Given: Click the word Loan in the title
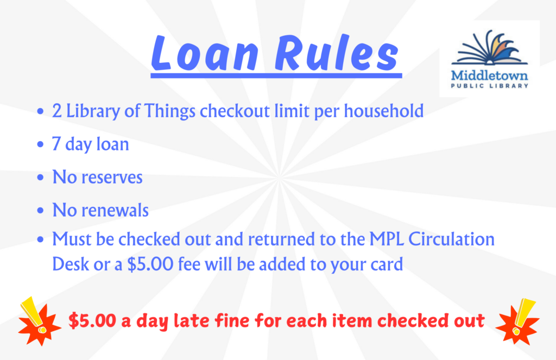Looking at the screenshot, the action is [205, 53].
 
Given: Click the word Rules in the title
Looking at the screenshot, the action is [337, 53].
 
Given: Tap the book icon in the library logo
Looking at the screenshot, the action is [489, 47].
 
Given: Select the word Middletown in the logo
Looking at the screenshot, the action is [489, 75].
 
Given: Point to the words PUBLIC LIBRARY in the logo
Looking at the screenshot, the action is [489, 86].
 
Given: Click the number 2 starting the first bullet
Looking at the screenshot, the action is [56, 111].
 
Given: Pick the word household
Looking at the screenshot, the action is [384, 111].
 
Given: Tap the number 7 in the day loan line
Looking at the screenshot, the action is [56, 144].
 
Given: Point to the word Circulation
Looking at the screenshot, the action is [451, 239].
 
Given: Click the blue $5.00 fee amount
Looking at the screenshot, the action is [150, 264].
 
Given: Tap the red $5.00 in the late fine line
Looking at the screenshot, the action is [92, 320].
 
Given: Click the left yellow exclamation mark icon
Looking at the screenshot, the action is [33, 314].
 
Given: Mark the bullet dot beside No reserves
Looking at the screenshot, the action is [40, 178].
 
